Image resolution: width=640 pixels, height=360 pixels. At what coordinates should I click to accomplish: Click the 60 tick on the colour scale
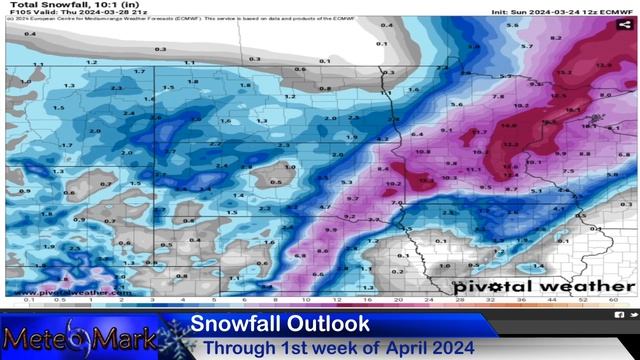click(x=611, y=300)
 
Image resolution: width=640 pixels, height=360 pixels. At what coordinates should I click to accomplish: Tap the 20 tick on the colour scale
click(x=398, y=300)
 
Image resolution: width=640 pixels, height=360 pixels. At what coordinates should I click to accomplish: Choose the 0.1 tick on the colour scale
click(x=29, y=300)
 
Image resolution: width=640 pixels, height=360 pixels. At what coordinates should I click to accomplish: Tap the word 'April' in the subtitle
click(x=395, y=347)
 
